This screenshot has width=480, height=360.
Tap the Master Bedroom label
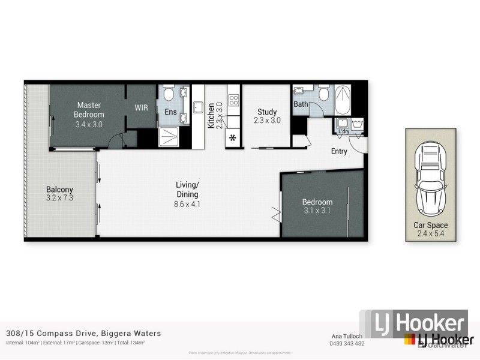89,110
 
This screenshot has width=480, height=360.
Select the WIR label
142,108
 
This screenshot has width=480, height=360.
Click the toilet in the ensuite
169,94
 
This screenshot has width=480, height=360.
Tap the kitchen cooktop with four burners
233,99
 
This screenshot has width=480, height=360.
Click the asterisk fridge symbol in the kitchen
233,139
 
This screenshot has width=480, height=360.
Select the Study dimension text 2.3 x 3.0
267,120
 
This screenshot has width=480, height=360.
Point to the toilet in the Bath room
325,94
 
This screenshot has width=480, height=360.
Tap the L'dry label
344,131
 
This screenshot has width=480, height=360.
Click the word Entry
339,151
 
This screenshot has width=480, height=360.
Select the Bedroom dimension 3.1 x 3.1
317,211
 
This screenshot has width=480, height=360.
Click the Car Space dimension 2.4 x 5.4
431,233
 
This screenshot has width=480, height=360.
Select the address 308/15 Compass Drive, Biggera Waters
82,333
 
